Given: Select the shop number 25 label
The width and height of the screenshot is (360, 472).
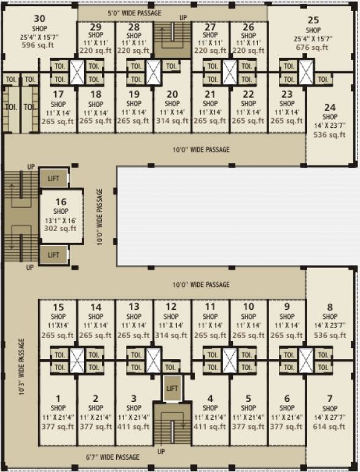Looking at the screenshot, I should pos(313,20).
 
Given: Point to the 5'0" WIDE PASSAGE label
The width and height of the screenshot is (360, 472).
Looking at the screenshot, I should pos(134,12).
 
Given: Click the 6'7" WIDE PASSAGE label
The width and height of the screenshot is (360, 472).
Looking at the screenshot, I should pos(112,457).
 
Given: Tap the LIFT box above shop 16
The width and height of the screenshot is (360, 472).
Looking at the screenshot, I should pos(53,178).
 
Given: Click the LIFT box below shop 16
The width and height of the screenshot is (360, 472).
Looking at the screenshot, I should pos(53,254).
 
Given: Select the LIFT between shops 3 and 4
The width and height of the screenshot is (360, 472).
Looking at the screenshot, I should pos(172,388).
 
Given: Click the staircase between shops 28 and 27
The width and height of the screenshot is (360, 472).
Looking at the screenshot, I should pos(172,41).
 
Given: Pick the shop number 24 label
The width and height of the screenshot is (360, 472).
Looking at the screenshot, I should pos(330,106).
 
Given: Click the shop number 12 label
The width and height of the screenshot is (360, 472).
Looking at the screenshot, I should pos(172,307).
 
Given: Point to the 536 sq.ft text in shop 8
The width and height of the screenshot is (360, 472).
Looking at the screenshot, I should pos(330,336).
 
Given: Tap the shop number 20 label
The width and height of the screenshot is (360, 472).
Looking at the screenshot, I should pos(172,94).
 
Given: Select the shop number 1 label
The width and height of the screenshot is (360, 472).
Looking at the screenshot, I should pos(58,398).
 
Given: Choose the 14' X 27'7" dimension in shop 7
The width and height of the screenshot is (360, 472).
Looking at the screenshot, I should pos(330,417).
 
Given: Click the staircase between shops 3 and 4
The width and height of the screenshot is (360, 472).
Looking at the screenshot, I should pos(172,427).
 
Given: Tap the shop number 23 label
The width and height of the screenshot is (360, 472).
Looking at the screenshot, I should pos(287,94).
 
